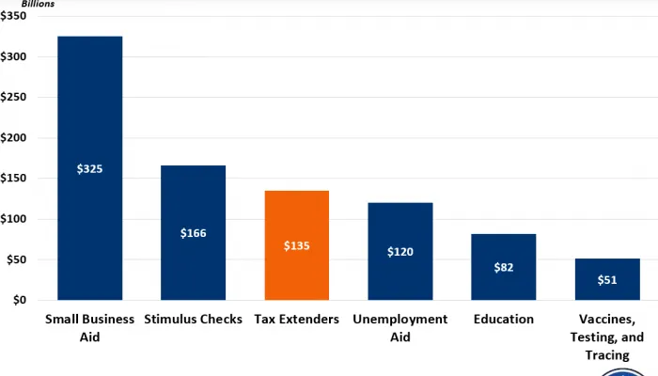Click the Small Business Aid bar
89,113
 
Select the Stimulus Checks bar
193,197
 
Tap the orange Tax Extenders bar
296,216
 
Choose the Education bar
503,244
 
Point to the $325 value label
89,169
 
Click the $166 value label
193,232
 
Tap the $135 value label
296,246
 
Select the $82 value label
503,268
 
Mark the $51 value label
606,280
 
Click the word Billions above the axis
39,4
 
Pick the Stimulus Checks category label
193,320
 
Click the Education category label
503,320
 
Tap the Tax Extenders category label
296,320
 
